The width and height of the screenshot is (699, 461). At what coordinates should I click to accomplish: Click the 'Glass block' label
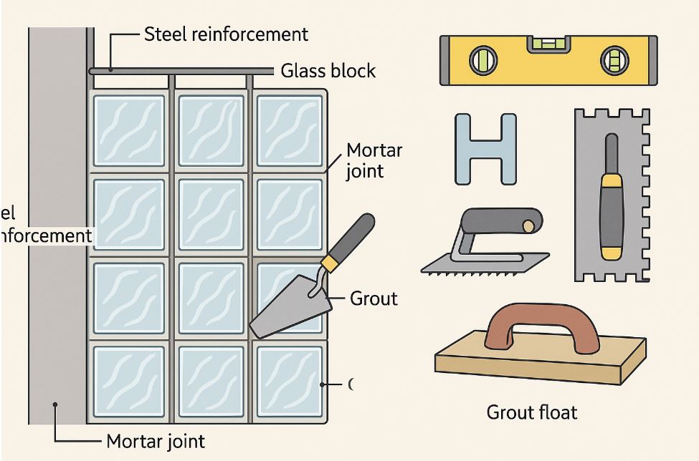[328, 71]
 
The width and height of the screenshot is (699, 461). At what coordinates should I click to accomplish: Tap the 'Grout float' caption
[531, 412]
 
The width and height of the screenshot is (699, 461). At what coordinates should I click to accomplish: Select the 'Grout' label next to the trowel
[373, 298]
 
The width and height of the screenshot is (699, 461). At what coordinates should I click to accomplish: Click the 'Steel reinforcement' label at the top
[226, 34]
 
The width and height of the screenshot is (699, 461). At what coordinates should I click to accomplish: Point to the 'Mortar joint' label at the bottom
[156, 441]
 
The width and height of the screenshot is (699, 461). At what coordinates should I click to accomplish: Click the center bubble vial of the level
[547, 44]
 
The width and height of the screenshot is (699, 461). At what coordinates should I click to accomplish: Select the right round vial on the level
[613, 60]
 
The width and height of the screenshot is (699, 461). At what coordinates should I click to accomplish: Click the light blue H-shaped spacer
[485, 149]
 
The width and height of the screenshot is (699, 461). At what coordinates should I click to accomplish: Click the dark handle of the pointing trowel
[353, 236]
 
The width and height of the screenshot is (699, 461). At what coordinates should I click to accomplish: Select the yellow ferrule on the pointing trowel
[329, 263]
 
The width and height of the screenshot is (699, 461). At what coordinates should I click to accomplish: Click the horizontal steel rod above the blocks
[179, 71]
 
